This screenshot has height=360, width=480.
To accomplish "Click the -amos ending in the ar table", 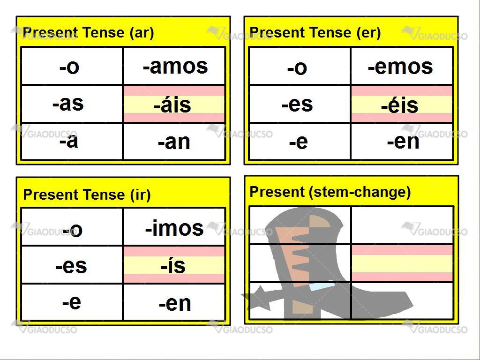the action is click(175, 66).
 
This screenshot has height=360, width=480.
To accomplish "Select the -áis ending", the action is click(172, 105).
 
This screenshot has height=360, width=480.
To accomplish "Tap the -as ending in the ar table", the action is click(68, 103).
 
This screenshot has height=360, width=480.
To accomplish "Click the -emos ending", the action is click(400, 67).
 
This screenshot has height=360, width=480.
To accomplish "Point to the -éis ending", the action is click(399, 105).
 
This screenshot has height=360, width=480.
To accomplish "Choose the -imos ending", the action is click(174, 228).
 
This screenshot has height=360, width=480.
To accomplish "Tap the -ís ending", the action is click(173, 266).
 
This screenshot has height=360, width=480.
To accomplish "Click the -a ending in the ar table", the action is click(68, 141).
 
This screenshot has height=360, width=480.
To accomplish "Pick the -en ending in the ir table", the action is click(175, 303).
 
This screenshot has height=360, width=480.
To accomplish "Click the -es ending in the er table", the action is click(297, 105).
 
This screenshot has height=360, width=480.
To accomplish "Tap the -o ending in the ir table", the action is click(72, 230).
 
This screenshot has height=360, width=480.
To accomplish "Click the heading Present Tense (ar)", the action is click(88, 32).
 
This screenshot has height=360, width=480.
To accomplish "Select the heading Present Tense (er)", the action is click(315, 32).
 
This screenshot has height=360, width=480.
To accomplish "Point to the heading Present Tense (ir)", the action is click(87, 195).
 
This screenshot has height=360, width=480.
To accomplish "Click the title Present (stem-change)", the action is click(330, 192).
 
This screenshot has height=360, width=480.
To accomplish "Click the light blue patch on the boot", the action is click(322, 287).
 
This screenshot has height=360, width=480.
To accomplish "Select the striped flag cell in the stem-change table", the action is click(402, 263).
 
